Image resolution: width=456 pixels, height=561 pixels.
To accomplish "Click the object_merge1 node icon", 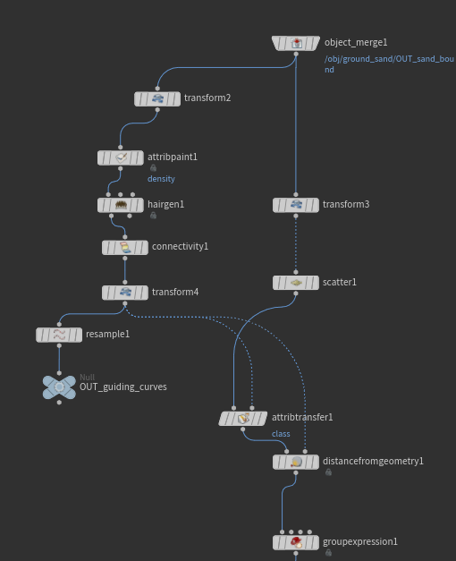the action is [x=296, y=43].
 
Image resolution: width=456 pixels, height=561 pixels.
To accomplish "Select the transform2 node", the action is [x=157, y=98].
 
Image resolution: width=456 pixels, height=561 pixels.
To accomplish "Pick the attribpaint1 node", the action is [x=121, y=157].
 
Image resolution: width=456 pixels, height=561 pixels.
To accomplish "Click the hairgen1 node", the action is [x=121, y=205].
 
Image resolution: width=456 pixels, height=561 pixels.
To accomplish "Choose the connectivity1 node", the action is [x=125, y=248].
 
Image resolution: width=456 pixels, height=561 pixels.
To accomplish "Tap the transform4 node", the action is [x=125, y=293].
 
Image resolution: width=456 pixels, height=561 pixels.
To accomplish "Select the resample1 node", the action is [x=59, y=335].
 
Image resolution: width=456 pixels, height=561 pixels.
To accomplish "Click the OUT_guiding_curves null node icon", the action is [x=59, y=387].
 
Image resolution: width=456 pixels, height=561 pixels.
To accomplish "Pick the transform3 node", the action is [x=296, y=205].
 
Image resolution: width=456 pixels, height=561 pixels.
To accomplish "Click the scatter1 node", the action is [x=296, y=283].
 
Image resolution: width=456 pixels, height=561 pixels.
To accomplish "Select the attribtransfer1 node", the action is [x=243, y=418].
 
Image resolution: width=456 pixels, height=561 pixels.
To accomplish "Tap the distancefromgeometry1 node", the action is [x=296, y=462].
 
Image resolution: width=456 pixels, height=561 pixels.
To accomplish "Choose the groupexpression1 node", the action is [x=296, y=542].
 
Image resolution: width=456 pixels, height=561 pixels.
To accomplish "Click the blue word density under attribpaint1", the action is [x=161, y=179].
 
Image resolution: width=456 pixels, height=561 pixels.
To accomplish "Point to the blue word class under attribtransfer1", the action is [x=281, y=434].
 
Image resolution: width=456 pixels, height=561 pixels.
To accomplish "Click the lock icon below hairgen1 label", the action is [x=153, y=216].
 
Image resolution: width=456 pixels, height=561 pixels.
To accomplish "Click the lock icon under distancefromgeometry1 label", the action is [x=328, y=472].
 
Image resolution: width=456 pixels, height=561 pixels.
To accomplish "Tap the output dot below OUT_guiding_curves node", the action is [x=59, y=403].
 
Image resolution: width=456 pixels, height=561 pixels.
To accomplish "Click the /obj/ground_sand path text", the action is [x=389, y=64].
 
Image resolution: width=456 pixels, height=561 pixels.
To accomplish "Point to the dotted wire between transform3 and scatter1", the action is [x=296, y=244].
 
